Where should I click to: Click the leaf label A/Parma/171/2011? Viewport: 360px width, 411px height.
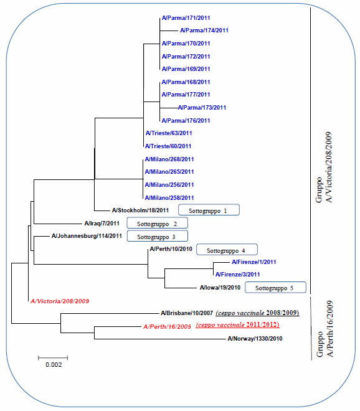pyautogui.click(x=186, y=18)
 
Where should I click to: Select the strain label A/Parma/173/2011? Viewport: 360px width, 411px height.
pyautogui.click(x=202, y=108)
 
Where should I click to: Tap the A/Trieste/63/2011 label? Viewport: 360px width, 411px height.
pyautogui.click(x=169, y=133)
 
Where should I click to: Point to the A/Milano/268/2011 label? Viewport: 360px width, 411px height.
pyautogui.click(x=169, y=159)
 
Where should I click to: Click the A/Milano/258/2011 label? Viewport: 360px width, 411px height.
pyautogui.click(x=169, y=198)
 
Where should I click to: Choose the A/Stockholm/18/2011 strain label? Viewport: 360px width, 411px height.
pyautogui.click(x=140, y=210)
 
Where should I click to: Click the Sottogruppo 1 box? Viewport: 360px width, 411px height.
pyautogui.click(x=209, y=210)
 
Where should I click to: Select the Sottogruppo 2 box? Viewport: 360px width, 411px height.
pyautogui.click(x=158, y=223)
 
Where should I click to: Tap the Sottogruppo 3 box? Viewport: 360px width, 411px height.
pyautogui.click(x=158, y=236)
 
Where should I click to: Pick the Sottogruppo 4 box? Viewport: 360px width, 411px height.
pyautogui.click(x=227, y=250)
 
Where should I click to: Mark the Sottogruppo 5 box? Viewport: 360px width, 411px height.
pyautogui.click(x=275, y=287)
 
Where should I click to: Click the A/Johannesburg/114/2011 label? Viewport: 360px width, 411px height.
pyautogui.click(x=87, y=236)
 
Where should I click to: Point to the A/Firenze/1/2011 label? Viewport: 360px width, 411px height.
pyautogui.click(x=254, y=262)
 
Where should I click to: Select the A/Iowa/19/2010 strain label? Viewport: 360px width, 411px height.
pyautogui.click(x=220, y=288)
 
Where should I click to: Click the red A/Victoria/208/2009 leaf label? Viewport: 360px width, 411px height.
pyautogui.click(x=60, y=301)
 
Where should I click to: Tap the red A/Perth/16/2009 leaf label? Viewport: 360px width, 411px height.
pyautogui.click(x=167, y=326)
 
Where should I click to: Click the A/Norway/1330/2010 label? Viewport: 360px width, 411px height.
pyautogui.click(x=255, y=339)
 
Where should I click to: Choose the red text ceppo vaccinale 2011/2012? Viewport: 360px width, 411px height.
pyautogui.click(x=237, y=325)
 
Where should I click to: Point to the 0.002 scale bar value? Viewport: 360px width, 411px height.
pyautogui.click(x=54, y=364)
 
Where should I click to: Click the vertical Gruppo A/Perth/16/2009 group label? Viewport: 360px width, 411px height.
pyautogui.click(x=324, y=329)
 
